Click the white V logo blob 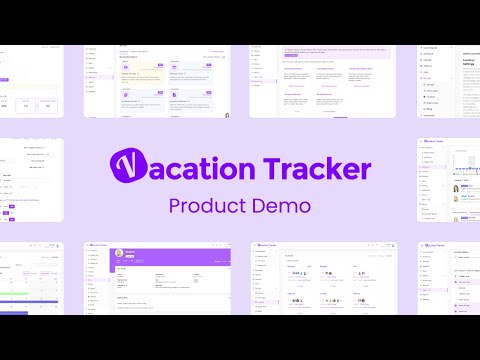(x=128, y=167)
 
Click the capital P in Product (x=176, y=207)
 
